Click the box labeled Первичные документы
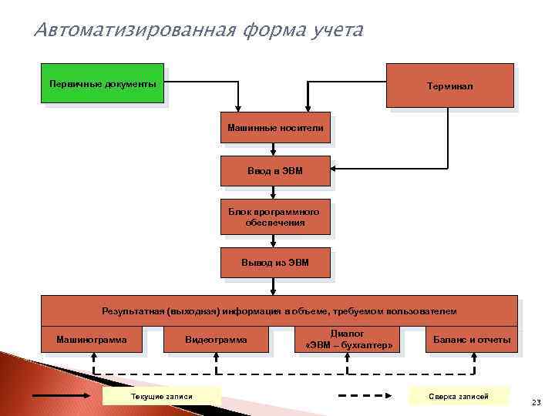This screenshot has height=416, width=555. (x=102, y=83)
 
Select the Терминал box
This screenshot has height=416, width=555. (x=451, y=86)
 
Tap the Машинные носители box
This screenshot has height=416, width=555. (x=275, y=127)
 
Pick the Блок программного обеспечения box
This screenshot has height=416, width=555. (x=275, y=216)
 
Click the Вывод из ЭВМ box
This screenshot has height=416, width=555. (x=275, y=263)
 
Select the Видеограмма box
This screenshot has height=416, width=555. (x=217, y=339)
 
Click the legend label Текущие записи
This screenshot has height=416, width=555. (x=162, y=396)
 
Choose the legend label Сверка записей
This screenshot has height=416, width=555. (x=459, y=396)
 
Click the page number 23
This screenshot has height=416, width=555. (x=536, y=401)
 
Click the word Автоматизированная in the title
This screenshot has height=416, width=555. (x=134, y=32)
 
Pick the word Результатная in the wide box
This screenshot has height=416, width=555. (x=132, y=311)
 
